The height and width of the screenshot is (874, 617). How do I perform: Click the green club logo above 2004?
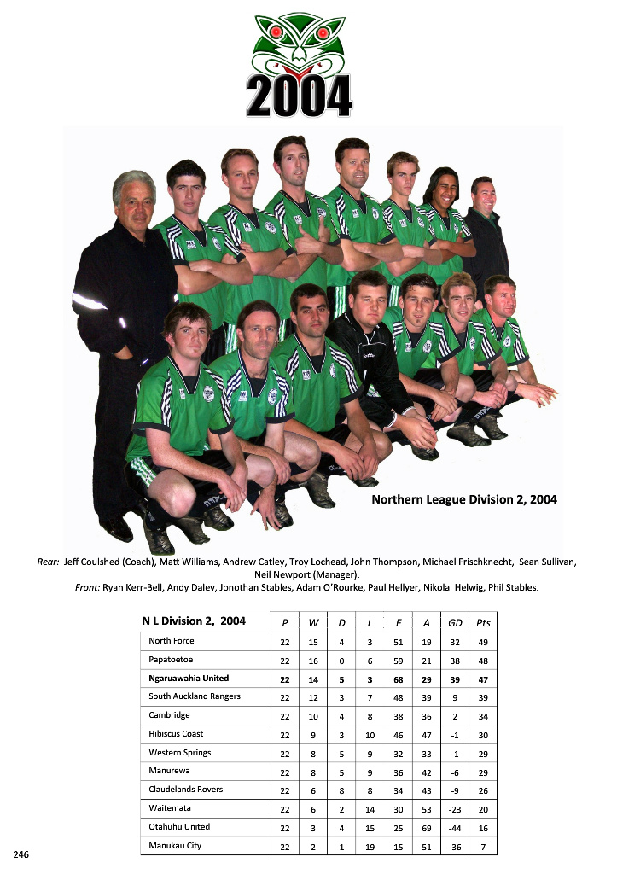click(300, 43)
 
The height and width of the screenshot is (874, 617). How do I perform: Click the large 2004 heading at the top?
click(299, 95)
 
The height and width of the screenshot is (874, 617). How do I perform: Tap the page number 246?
click(21, 854)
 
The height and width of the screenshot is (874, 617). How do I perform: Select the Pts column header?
click(483, 623)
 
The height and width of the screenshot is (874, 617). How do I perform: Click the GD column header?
click(455, 623)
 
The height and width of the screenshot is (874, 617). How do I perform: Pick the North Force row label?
click(172, 641)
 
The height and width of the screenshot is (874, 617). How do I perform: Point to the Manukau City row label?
click(175, 846)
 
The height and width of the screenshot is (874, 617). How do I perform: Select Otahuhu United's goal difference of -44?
click(455, 828)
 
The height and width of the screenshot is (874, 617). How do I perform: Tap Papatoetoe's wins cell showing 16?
click(313, 661)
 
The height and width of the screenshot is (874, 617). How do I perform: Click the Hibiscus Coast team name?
click(176, 734)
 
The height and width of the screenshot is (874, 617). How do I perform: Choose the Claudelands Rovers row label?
click(185, 790)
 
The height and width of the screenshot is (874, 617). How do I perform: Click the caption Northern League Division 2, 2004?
click(463, 499)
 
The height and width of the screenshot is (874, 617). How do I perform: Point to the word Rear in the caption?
click(48, 562)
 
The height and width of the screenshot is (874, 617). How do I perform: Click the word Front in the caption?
click(86, 587)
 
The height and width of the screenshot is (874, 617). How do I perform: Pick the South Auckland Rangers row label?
click(195, 696)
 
